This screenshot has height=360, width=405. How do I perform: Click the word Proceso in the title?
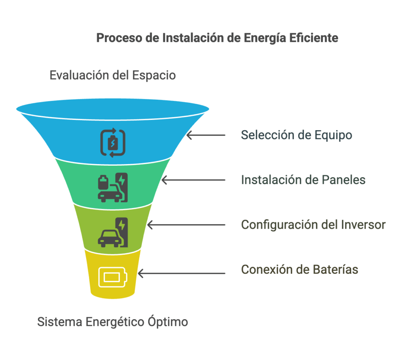coord(119,38)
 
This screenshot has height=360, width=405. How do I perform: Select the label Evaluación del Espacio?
coord(113,75)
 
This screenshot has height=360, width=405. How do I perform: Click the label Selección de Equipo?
coord(297,135)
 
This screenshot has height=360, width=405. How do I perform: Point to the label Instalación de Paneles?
coord(303,180)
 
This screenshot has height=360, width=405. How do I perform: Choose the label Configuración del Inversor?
coord(313,225)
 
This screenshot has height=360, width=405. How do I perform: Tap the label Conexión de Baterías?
coord(300,269)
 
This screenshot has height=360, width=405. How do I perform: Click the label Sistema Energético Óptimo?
coord(113,322)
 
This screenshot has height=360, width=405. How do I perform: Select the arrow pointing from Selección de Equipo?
coord(206,135)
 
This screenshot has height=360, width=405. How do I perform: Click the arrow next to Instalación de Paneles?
coord(193,180)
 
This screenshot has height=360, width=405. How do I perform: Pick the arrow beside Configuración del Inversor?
coord(186,225)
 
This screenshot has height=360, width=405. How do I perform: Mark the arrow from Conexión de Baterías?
coord(182,273)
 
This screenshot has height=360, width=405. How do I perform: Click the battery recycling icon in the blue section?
coord(113,143)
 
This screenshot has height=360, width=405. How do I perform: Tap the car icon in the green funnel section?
coord(113,188)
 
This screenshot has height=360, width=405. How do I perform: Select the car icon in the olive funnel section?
coord(113,232)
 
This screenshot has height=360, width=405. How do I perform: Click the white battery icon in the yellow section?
coord(113,277)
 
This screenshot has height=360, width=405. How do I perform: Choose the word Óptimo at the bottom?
coord(168,322)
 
